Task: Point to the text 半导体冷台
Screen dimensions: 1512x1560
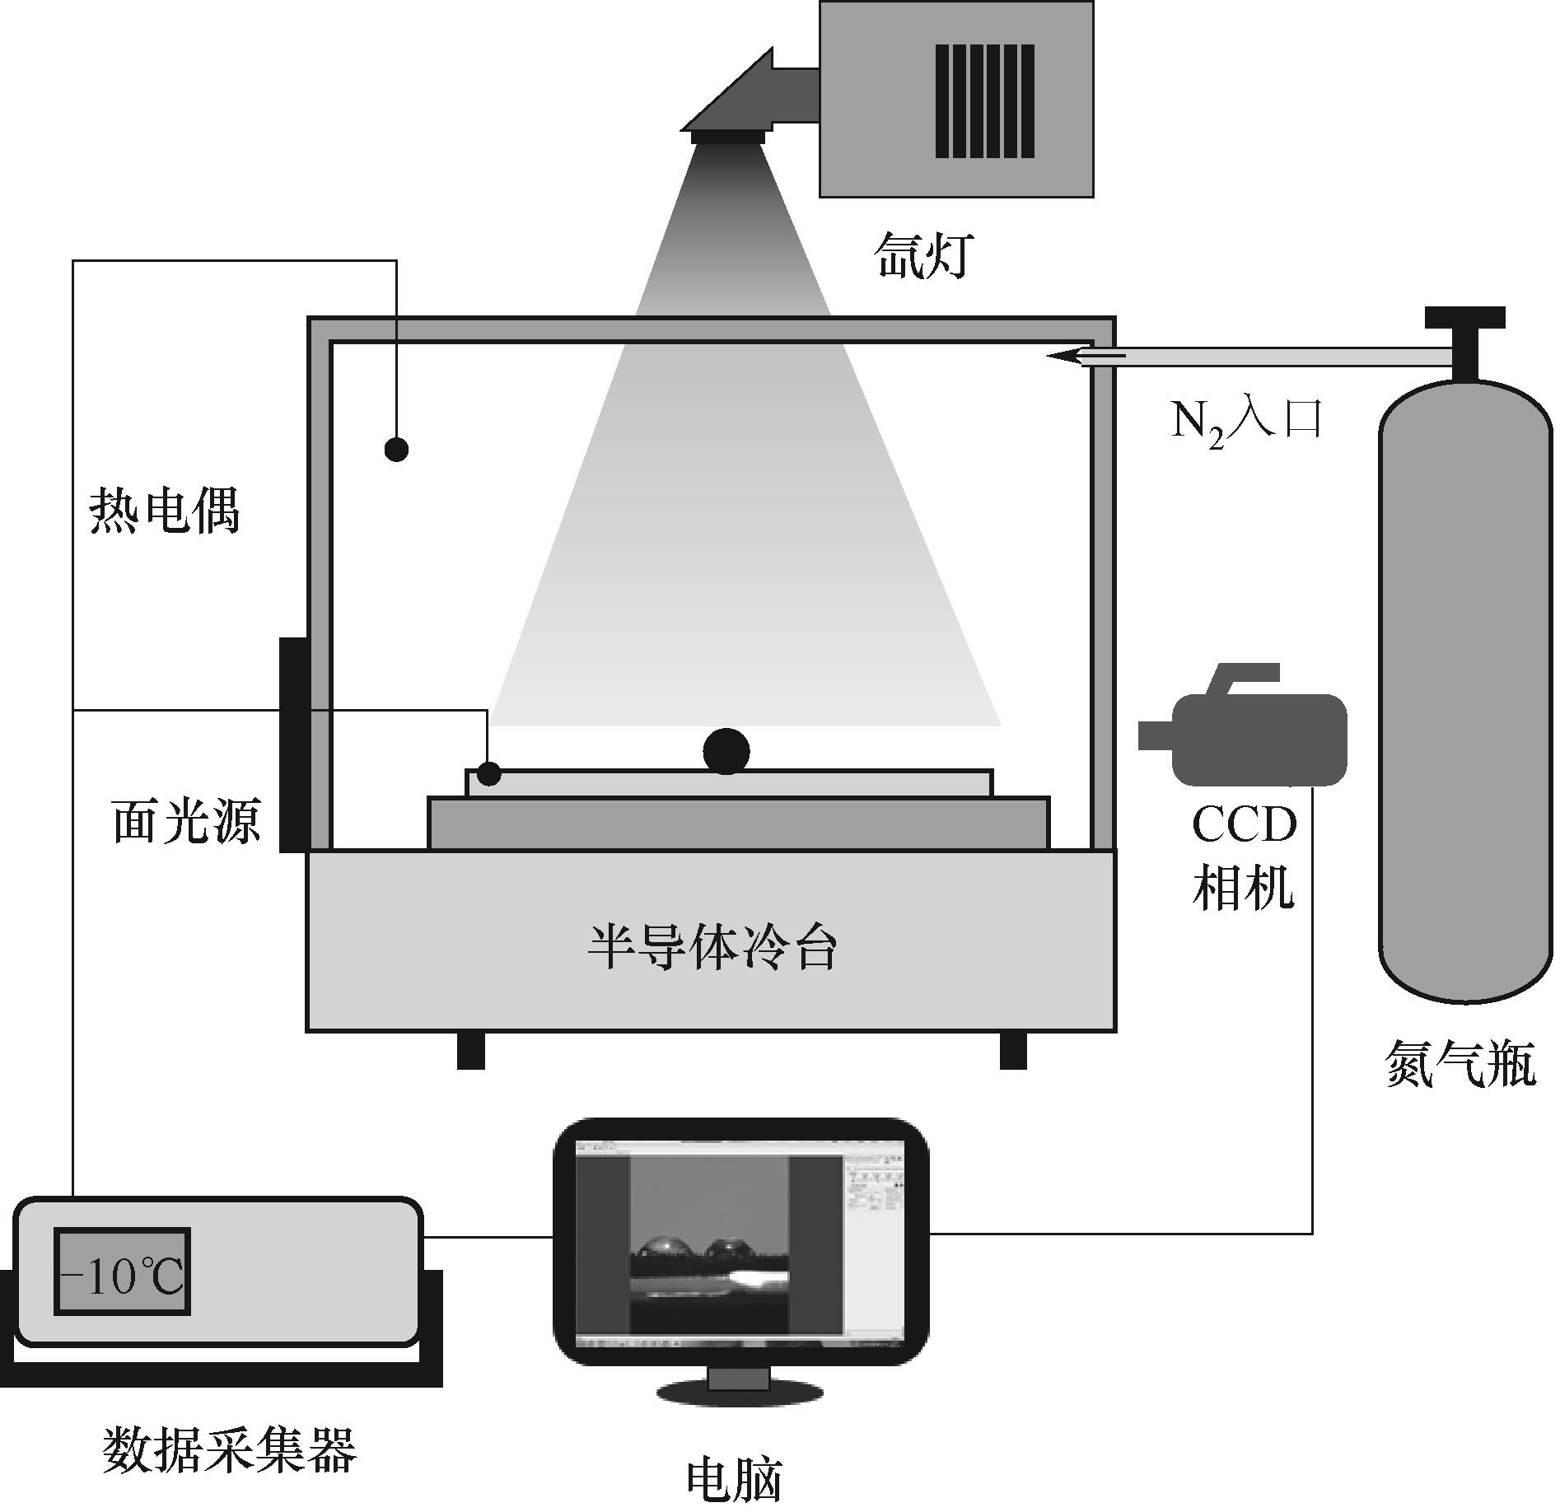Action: point(712,948)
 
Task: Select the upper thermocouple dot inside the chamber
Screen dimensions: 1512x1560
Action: point(396,449)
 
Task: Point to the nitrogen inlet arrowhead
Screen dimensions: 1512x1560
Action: point(1067,356)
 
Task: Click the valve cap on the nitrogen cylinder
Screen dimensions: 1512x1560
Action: point(1464,317)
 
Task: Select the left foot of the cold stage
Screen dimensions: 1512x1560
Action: point(471,1050)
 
